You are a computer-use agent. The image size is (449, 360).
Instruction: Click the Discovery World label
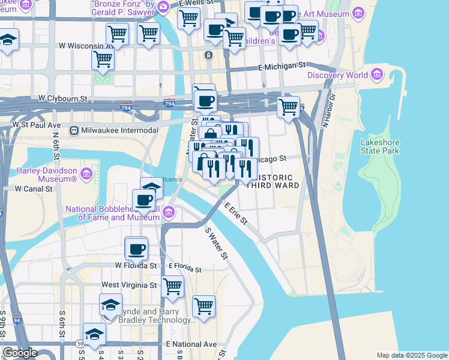(x=337, y=75)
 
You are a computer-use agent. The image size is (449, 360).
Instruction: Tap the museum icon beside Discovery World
(x=377, y=74)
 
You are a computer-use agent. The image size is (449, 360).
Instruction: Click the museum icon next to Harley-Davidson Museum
(x=86, y=174)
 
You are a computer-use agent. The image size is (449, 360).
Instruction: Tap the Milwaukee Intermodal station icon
(x=74, y=130)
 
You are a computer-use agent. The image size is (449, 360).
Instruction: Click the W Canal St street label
(x=34, y=188)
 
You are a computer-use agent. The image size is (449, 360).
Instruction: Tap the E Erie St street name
(x=236, y=213)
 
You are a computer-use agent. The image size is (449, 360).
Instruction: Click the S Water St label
(x=217, y=243)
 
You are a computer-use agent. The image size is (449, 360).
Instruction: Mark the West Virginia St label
(x=129, y=285)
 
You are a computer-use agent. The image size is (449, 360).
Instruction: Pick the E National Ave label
(x=191, y=344)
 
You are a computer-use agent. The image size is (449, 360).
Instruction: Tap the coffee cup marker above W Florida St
(x=136, y=248)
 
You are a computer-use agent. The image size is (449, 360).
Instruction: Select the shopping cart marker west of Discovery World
(x=288, y=107)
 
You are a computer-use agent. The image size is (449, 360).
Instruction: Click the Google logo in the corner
(x=20, y=353)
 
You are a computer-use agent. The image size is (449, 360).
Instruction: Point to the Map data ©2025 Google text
(x=412, y=355)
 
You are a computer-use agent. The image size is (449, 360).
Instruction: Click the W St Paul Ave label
(x=37, y=125)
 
